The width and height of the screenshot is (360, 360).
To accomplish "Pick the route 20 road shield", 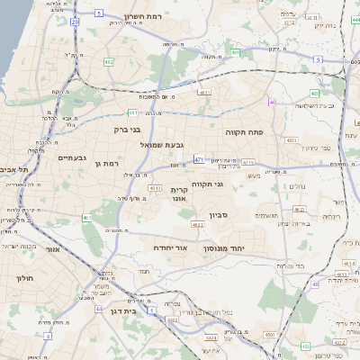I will (x=74, y=20).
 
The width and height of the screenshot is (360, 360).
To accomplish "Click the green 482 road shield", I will (x=109, y=61).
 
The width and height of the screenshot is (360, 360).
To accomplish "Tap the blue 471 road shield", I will (x=198, y=158).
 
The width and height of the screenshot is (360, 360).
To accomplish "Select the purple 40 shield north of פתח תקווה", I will (x=272, y=102).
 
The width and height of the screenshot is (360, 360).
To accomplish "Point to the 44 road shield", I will (x=98, y=308).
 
